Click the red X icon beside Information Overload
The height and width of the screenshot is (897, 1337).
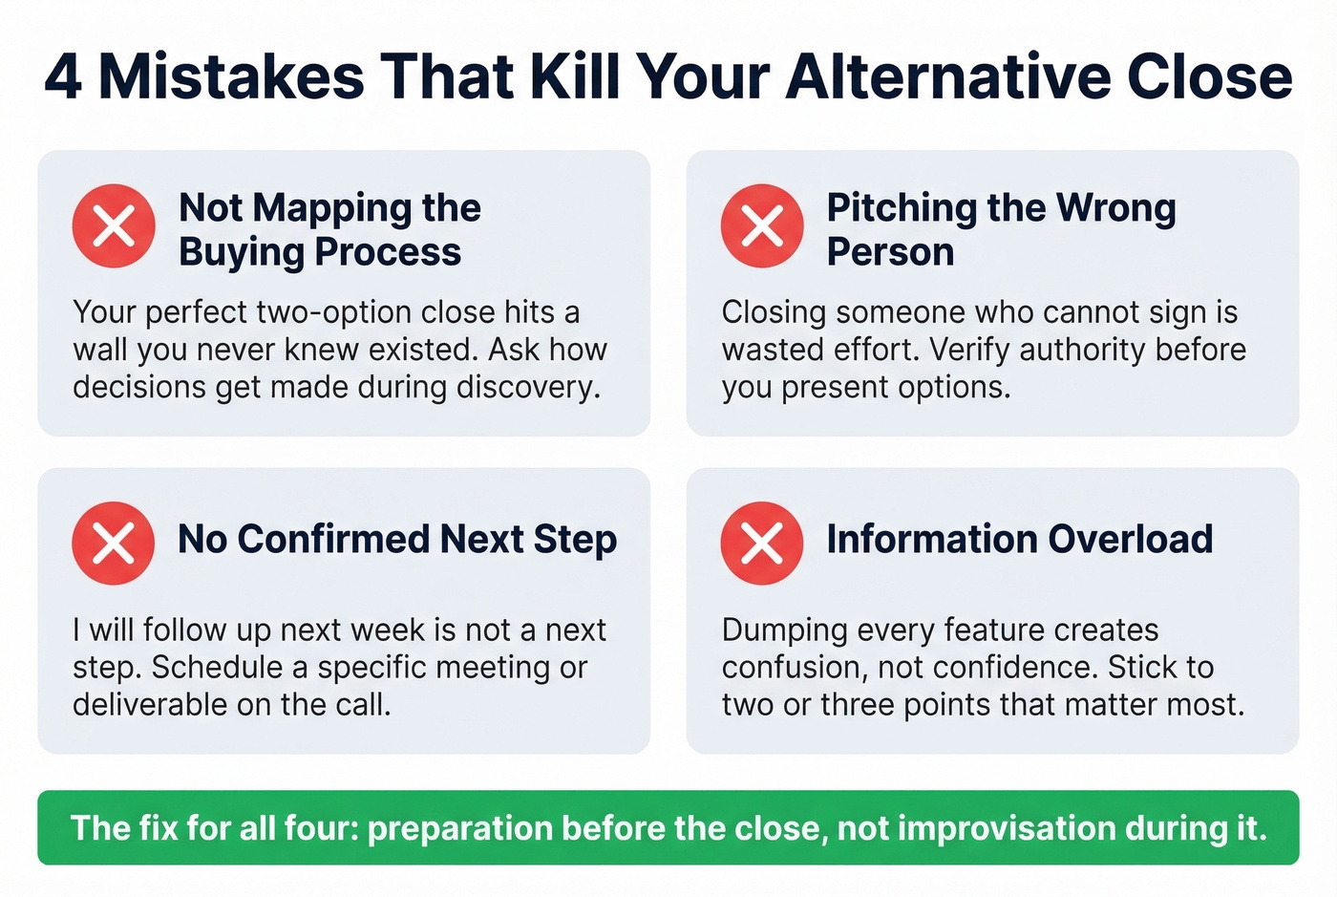tap(762, 543)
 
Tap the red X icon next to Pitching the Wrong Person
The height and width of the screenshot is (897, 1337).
tap(762, 225)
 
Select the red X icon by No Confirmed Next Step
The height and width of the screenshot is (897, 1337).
tap(114, 543)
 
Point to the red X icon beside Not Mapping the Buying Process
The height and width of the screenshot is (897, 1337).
tap(114, 225)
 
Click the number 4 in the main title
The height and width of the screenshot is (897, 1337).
tap(63, 76)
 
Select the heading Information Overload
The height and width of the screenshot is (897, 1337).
tap(1019, 539)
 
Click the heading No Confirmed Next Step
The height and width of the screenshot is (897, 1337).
tap(397, 539)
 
